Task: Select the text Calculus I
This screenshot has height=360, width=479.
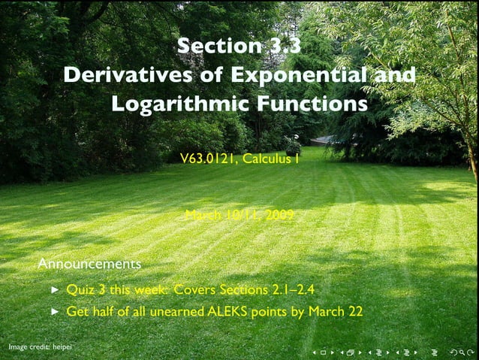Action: pyautogui.click(x=271, y=158)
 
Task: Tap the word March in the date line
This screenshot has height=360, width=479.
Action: pyautogui.click(x=203, y=216)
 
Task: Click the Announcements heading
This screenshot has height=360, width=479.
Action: pyautogui.click(x=89, y=265)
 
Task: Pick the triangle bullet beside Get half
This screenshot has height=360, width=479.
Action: pyautogui.click(x=55, y=311)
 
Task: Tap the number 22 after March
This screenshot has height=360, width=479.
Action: pyautogui.click(x=354, y=311)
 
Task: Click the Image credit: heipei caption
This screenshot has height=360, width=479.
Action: pyautogui.click(x=40, y=347)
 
